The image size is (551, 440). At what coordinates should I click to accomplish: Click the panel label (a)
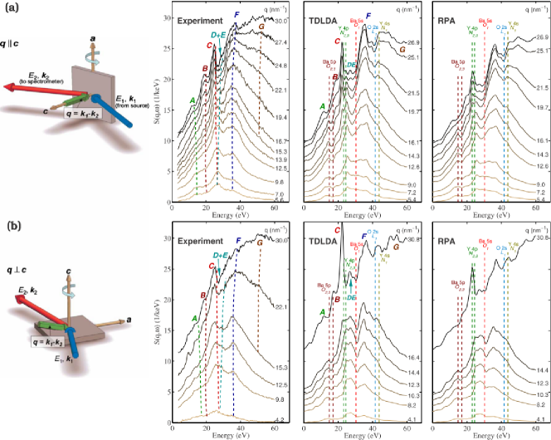[10, 9]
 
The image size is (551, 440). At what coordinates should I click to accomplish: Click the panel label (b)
[10, 227]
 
